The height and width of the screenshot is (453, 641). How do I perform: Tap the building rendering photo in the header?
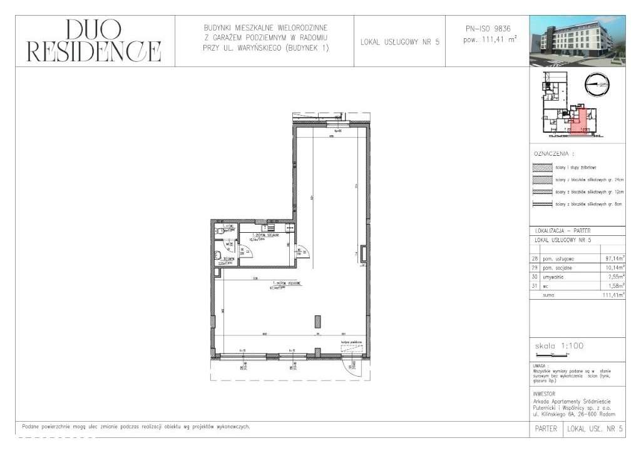coord(577,41)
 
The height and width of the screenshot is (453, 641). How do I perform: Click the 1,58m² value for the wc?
coord(617,287)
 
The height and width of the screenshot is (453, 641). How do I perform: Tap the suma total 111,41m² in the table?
coord(613,297)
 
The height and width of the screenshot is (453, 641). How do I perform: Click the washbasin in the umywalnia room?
coord(217,255)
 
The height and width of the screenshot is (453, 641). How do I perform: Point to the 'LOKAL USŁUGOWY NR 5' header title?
coord(401,43)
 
